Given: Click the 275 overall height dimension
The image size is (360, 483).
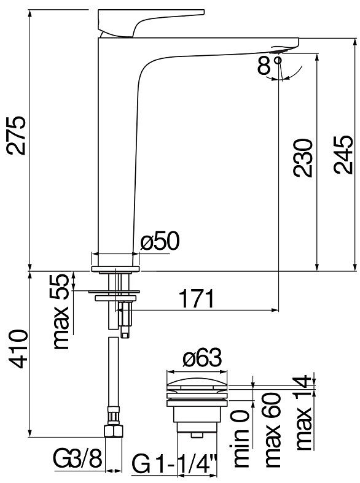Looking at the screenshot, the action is (15, 136).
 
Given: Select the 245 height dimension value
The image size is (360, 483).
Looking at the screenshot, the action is (342, 155).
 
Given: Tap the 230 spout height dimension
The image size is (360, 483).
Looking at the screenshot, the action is (303, 158).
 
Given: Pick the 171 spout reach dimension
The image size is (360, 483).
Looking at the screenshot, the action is (197, 298).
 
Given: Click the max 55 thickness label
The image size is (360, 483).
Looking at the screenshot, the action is (61, 312).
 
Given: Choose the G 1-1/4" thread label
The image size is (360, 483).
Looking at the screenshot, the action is (174, 463).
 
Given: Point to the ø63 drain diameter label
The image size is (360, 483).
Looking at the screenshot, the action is (202, 358).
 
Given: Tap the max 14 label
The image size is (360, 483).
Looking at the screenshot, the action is (303, 412).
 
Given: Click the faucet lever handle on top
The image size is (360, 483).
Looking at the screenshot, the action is (151, 23).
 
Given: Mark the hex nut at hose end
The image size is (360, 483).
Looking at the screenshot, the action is (114, 431).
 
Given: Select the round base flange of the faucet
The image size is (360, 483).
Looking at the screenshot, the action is (115, 269).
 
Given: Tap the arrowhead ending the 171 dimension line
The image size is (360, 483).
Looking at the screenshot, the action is (275, 310).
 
